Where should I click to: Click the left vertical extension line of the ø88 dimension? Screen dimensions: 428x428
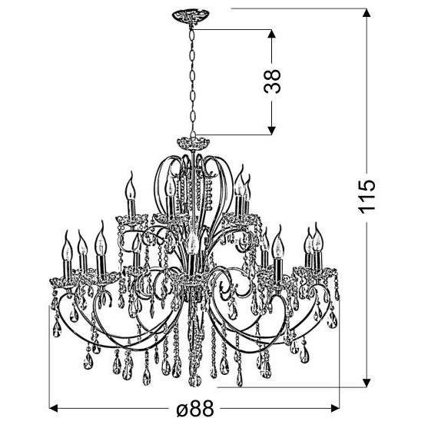pyautogui.click(x=51, y=377)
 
